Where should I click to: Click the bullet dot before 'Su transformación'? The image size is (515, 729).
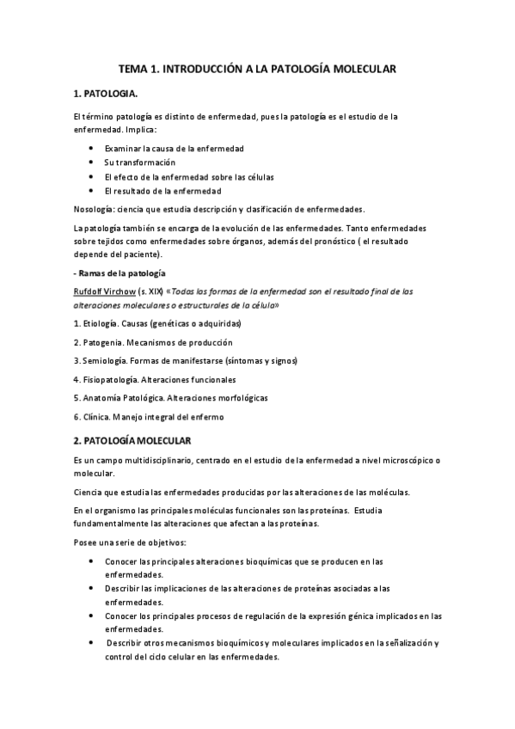click(x=91, y=162)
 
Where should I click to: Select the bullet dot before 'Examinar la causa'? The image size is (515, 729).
click(x=91, y=148)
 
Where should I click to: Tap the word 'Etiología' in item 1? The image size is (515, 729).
click(x=103, y=323)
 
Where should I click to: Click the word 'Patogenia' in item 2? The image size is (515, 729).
click(x=105, y=342)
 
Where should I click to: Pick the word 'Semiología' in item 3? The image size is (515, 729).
click(x=107, y=360)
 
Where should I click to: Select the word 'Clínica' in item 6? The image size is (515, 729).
click(x=97, y=417)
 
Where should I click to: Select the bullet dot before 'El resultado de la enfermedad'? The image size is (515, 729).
click(x=91, y=190)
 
